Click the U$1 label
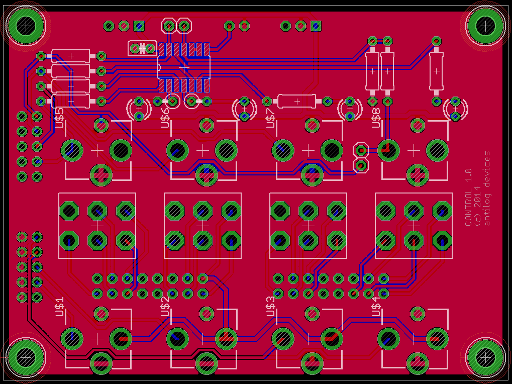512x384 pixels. tap(59, 306)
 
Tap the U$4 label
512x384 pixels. tap(375, 306)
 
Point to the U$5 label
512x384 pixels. tap(59, 117)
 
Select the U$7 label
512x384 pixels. tap(270, 118)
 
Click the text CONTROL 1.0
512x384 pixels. tap(469, 197)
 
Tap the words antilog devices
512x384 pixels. tap(486, 188)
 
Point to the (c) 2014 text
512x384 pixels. tap(477, 206)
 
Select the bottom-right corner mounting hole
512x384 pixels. tap(485, 356)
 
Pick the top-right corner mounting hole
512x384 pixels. tap(485, 24)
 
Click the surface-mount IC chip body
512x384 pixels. tap(184, 67)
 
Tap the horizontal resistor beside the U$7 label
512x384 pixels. tap(297, 101)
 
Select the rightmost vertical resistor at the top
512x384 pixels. tap(436, 71)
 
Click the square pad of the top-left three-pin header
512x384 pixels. tap(139, 25)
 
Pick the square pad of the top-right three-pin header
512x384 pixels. tap(316, 26)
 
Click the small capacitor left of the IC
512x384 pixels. tap(142, 48)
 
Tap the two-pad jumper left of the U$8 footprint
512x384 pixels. tap(360, 157)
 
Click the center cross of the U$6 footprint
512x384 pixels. tap(202, 150)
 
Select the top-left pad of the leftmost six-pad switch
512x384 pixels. tap(69, 211)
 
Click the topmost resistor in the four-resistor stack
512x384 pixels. tap(71, 55)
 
